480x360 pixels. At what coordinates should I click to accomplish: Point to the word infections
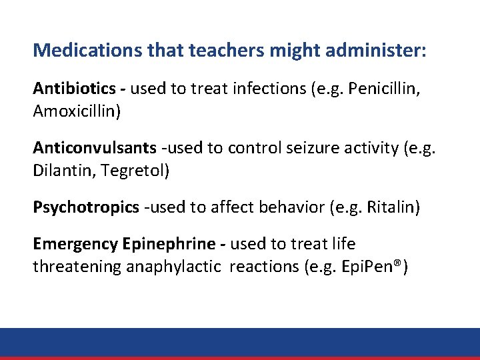click(271, 88)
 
